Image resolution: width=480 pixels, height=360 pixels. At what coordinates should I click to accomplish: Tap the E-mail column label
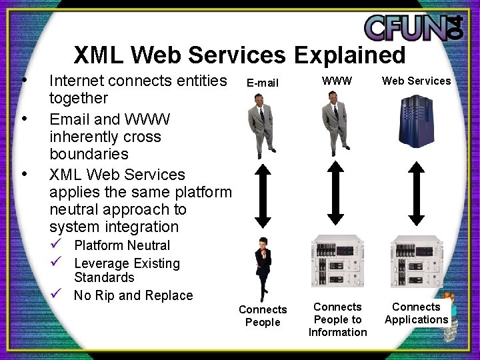point(262,83)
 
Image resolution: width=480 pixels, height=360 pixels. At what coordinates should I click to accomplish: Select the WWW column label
point(337,81)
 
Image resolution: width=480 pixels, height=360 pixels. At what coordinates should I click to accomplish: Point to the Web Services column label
point(416,81)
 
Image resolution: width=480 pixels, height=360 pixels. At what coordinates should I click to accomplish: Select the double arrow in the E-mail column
point(262,196)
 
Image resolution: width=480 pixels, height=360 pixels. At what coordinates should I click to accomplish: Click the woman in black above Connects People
point(262,267)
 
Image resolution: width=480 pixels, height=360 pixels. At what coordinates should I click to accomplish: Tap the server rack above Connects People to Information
point(337,261)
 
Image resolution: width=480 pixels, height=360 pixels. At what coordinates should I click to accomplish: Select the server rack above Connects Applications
point(416,261)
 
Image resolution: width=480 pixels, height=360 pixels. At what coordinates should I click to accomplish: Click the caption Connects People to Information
point(337,319)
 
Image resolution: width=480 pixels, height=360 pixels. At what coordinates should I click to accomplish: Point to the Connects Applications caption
point(416,313)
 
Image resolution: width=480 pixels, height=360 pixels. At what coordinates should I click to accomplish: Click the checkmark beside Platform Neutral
point(57,245)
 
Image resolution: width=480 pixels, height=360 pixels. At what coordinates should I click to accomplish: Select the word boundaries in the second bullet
point(89,154)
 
